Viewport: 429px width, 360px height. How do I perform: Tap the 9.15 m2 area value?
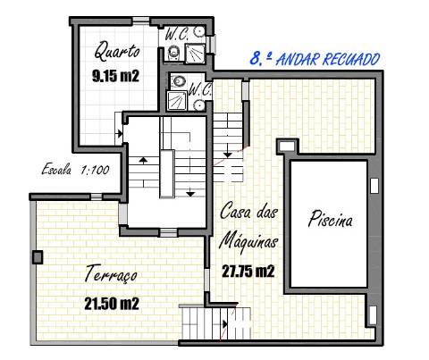115,76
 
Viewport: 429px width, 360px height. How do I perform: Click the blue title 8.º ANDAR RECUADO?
313,59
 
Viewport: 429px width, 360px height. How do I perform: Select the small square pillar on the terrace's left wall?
37,257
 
